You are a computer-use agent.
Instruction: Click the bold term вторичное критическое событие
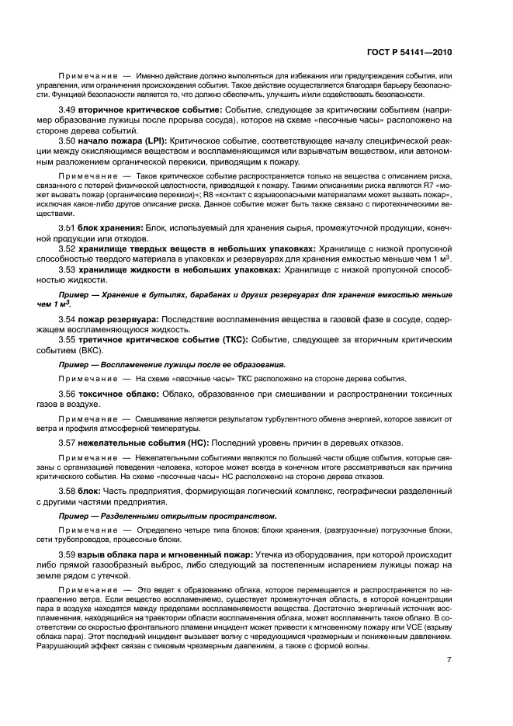pos(140,112)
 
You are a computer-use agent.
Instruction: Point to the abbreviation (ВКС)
pos(99,350)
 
